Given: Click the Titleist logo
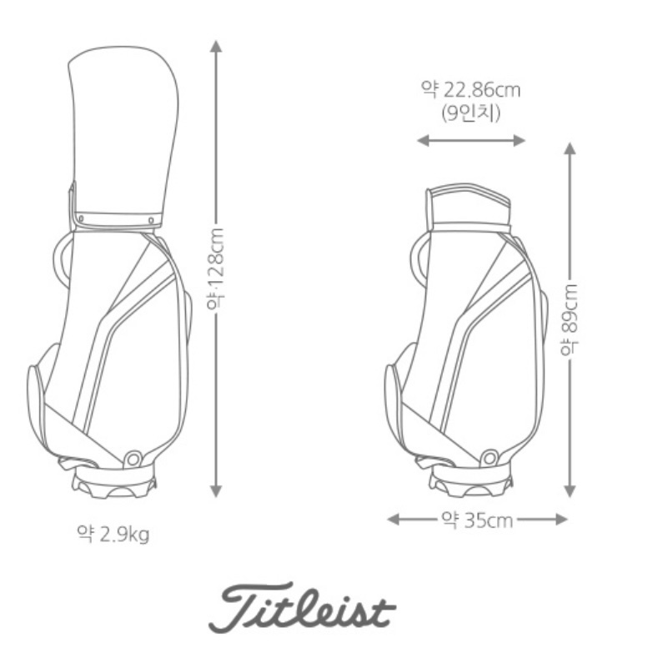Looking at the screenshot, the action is point(302,607).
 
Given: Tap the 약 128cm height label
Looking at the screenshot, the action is point(215,269).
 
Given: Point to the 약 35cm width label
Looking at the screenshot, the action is point(477,520).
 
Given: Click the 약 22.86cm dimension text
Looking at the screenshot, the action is point(470,89).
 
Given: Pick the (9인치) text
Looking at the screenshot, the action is point(470,113).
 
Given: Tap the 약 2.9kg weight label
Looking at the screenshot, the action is point(113,534).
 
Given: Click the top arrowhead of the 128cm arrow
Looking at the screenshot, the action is point(216,46).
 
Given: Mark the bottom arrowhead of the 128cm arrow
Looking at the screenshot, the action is point(216,491).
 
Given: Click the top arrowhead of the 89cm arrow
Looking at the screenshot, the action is point(570,148).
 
